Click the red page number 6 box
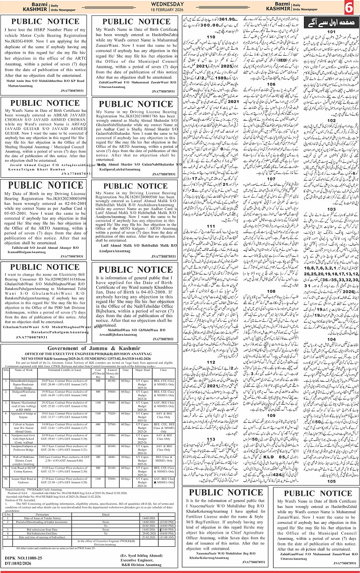pyautogui.click(x=350, y=8)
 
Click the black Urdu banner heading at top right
pyautogui.click(x=324, y=22)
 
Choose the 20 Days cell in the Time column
pyautogui.click(x=126, y=472)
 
